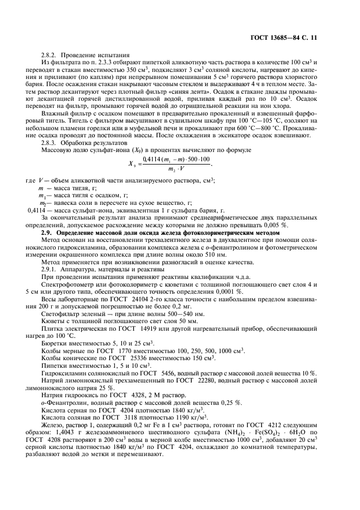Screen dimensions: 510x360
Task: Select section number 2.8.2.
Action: coord(50,55)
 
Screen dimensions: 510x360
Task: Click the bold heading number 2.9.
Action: coord(48,233)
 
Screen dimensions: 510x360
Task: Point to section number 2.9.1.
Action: coord(50,269)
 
